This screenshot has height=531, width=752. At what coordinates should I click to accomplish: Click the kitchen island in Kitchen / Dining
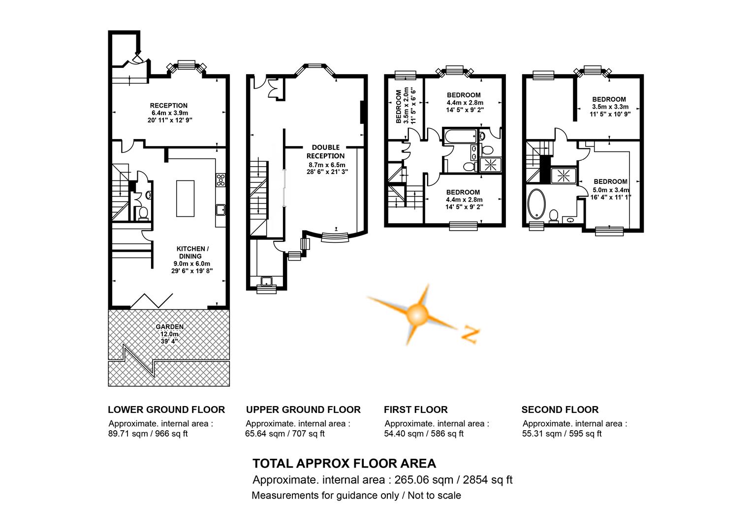pyautogui.click(x=185, y=198)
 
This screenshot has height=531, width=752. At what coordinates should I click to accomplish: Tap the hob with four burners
pyautogui.click(x=220, y=180)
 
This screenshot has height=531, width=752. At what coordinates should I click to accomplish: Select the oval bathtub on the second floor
pyautogui.click(x=536, y=204)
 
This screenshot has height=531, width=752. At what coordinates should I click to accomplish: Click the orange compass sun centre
pyautogui.click(x=417, y=315)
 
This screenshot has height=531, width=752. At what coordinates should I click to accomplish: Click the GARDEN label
pyautogui.click(x=169, y=327)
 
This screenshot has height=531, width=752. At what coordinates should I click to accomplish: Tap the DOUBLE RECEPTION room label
pyautogui.click(x=325, y=151)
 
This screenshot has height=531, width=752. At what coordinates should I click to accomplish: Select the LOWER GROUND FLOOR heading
pyautogui.click(x=166, y=410)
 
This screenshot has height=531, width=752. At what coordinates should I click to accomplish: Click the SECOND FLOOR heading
pyautogui.click(x=560, y=410)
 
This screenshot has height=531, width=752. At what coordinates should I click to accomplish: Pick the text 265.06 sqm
pyautogui.click(x=424, y=480)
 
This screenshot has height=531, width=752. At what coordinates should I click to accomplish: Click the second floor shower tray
pyautogui.click(x=564, y=176)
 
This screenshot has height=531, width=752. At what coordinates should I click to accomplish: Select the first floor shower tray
pyautogui.click(x=491, y=165)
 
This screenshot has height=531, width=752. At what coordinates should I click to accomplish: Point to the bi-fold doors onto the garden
pyautogui.click(x=152, y=301)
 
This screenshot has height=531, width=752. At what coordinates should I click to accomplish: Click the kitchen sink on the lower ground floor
pyautogui.click(x=220, y=210)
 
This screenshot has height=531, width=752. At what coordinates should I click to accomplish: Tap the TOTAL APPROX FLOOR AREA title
pyautogui.click(x=344, y=464)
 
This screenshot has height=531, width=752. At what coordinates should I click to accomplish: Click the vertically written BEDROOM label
pyautogui.click(x=399, y=106)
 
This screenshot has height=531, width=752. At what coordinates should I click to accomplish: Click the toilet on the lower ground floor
pyautogui.click(x=143, y=213)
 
